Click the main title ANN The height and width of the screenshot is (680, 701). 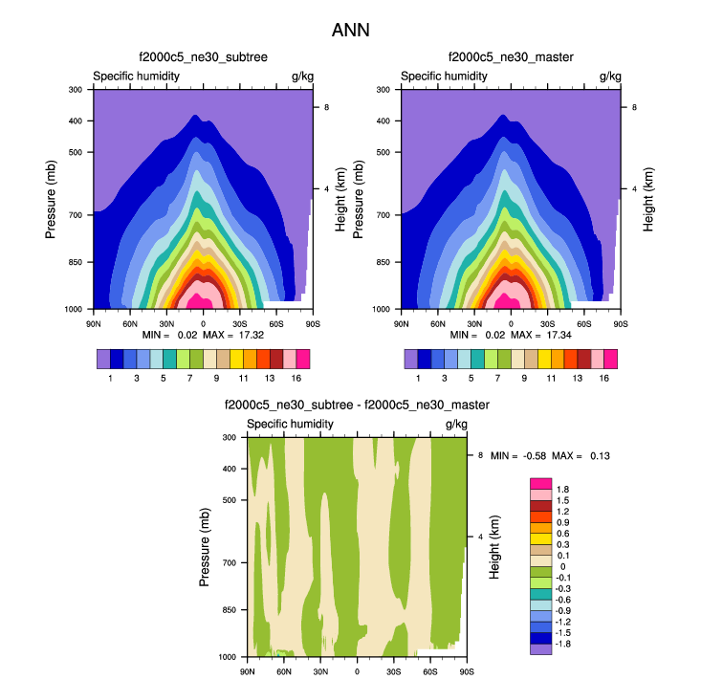tap(350, 30)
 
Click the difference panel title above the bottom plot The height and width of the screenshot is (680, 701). tap(357, 406)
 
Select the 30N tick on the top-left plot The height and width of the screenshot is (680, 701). tap(166, 323)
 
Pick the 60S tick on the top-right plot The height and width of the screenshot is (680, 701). tap(584, 323)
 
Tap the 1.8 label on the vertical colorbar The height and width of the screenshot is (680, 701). tap(563, 490)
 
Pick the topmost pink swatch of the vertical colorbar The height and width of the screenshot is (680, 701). tap(540, 484)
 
